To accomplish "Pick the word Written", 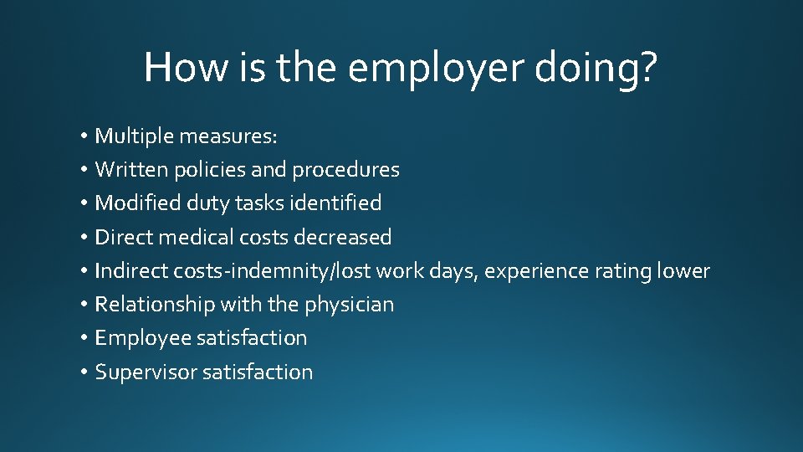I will click(x=131, y=170).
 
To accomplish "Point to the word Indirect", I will click(x=131, y=271).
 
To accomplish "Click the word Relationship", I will click(x=155, y=305).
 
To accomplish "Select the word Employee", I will click(x=142, y=338).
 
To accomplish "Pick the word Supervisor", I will click(x=146, y=372).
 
